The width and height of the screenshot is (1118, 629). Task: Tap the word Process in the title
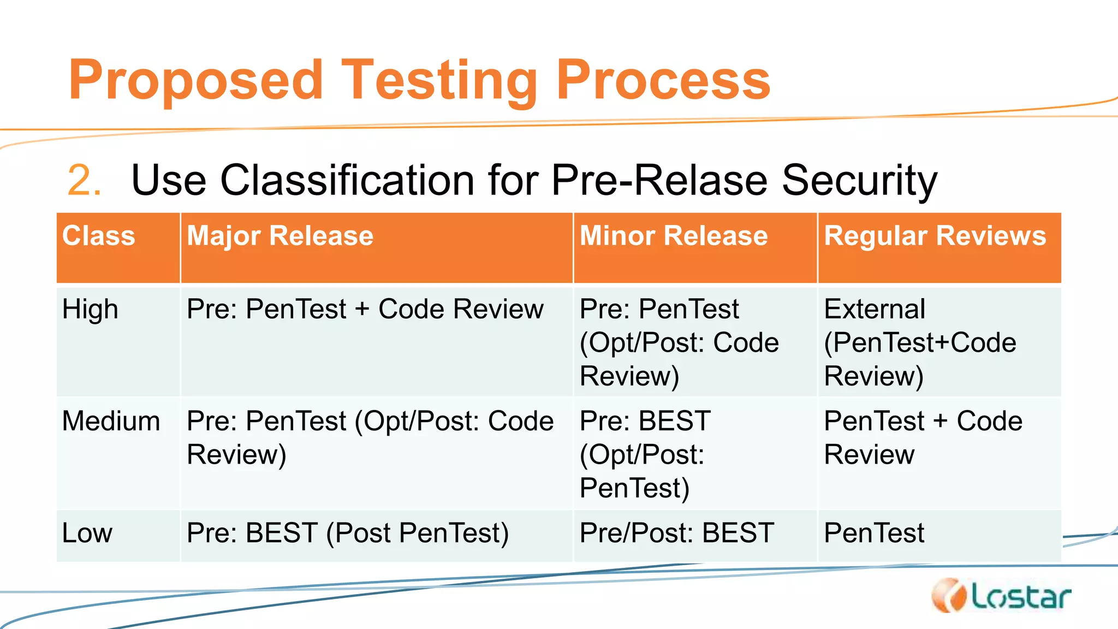click(663, 81)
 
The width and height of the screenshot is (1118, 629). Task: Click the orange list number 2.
click(83, 180)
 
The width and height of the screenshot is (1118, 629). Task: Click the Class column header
click(98, 236)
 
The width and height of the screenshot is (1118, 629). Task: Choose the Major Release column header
click(279, 236)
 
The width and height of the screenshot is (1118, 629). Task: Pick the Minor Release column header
click(673, 236)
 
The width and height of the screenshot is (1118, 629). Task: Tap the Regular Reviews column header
click(935, 236)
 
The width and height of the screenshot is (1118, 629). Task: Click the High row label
click(90, 309)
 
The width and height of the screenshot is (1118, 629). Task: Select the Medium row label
click(111, 421)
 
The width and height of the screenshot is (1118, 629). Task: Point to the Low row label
click(87, 532)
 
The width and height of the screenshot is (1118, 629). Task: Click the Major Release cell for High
click(365, 309)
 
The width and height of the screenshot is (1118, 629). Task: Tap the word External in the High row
click(875, 309)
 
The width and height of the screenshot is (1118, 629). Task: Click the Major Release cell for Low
click(347, 532)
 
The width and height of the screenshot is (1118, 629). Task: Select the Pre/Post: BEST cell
click(676, 532)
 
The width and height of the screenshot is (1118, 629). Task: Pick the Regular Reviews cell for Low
click(874, 532)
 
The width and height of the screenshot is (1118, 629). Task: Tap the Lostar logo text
click(1021, 597)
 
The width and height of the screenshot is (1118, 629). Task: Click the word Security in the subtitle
click(859, 180)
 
